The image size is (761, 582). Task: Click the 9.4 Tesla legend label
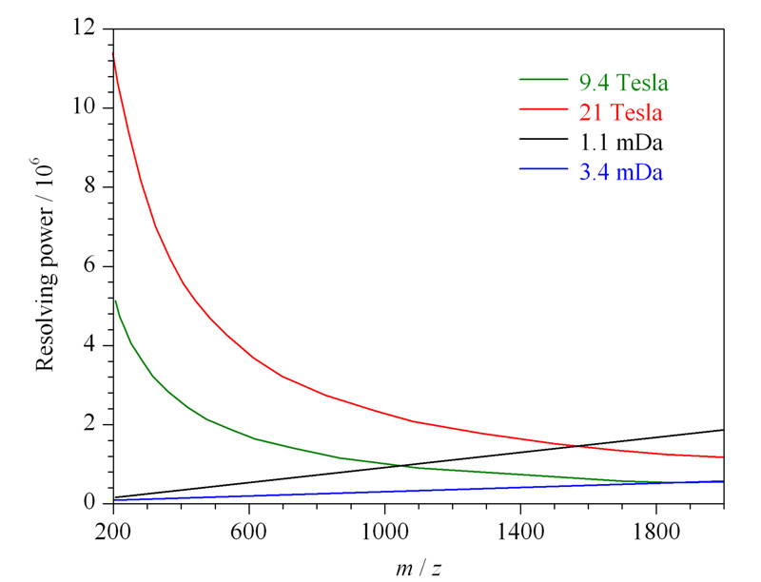point(624,83)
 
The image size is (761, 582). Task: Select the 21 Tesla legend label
point(621,112)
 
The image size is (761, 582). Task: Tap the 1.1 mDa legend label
point(621,143)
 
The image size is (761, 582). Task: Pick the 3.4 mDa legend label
point(621,172)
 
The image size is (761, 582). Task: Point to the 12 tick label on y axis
point(83,28)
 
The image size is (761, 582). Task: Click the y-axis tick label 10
point(83,107)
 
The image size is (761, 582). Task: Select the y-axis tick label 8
point(89,185)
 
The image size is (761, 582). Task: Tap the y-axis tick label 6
point(89,264)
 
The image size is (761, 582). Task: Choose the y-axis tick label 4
point(89,344)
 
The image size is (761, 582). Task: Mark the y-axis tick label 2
point(89,423)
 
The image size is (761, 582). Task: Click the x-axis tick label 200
point(112,532)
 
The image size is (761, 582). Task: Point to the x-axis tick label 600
point(248,532)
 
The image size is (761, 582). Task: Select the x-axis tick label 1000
point(384,532)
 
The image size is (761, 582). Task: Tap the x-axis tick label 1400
point(520,532)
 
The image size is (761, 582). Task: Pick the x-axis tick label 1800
point(655,532)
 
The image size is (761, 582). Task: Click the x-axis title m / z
point(419,568)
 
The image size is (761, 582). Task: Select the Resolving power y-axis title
point(45,265)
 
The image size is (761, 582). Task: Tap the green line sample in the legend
point(543,79)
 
